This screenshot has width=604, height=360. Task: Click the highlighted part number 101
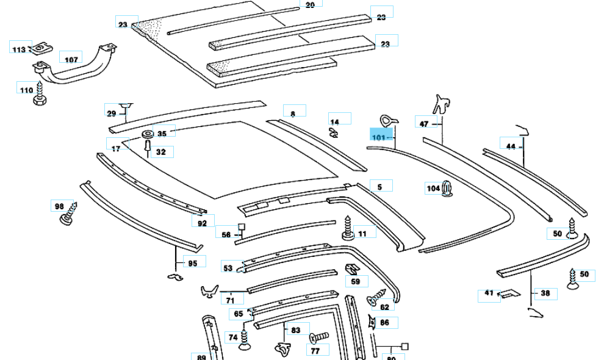379,137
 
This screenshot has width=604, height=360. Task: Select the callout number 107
71,59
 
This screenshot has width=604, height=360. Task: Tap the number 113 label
20,49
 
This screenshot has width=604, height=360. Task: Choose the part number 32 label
160,151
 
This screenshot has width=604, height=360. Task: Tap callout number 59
356,282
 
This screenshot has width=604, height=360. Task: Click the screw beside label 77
319,337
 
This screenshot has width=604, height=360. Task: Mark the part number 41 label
489,293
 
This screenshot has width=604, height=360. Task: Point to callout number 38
545,293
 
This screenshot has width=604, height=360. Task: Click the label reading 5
379,188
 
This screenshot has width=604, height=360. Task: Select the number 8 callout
293,113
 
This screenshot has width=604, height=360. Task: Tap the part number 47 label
424,124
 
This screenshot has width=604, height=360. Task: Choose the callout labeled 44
511,146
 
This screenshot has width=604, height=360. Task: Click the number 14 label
334,122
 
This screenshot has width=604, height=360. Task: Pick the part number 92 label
203,223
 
